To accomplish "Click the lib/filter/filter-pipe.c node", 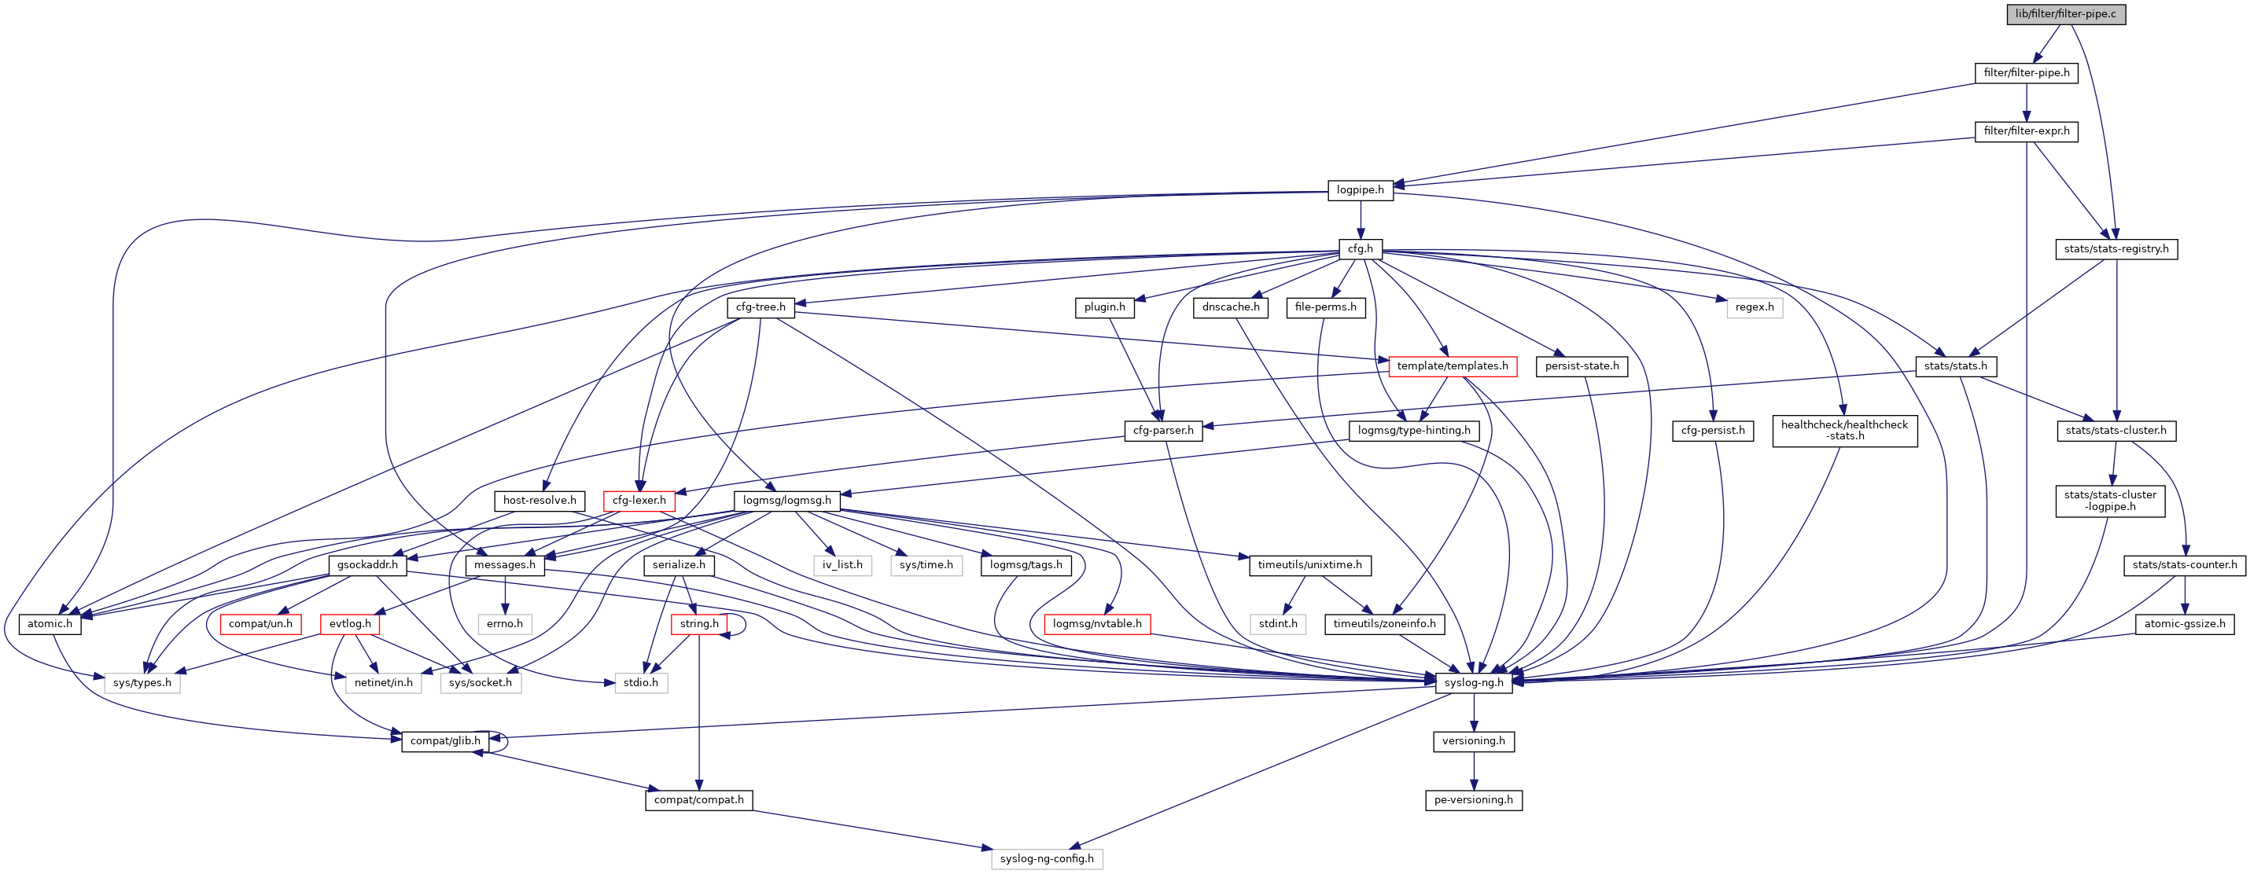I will coord(2065,14).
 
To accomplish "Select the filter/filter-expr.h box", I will coord(2026,131).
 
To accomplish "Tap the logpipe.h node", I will coord(1360,190).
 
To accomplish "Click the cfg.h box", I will coord(1360,249).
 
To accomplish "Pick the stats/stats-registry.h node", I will coord(2116,249).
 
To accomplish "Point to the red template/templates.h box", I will coord(1452,365).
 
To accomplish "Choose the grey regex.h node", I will coord(1754,307).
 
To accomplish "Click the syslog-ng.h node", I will coord(1474,683).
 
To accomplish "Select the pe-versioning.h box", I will coord(1474,800).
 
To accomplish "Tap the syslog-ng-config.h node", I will coord(1047,859).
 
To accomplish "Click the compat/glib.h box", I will coord(444,741).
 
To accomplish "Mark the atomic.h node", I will coord(50,624).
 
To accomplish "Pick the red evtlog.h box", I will coord(349,624).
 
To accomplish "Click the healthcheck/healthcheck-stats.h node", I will coord(1844,431).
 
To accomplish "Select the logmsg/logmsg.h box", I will coord(786,501).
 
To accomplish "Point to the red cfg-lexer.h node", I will coord(639,501).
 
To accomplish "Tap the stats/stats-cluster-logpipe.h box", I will coord(2109,501).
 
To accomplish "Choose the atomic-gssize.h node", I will coord(2184,624).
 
